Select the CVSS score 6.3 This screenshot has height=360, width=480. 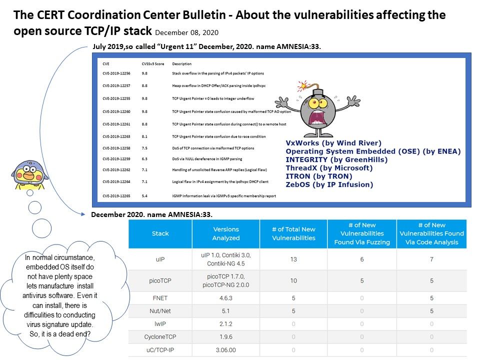pos(144,159)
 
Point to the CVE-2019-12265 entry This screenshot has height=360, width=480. pos(116,196)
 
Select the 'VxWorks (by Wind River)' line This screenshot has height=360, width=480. pos(333,143)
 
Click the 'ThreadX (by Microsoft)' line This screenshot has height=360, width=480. pos(329,168)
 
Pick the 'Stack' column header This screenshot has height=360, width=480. pos(160,233)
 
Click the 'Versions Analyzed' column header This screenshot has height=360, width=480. pos(226,233)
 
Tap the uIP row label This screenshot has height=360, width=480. pos(160,259)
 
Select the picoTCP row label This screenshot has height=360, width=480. pos(160,281)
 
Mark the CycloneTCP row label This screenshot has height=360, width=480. pos(160,337)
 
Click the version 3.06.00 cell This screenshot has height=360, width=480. pos(226,350)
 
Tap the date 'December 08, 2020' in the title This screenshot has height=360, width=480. pos(186,32)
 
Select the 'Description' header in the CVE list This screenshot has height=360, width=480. pos(182,64)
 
